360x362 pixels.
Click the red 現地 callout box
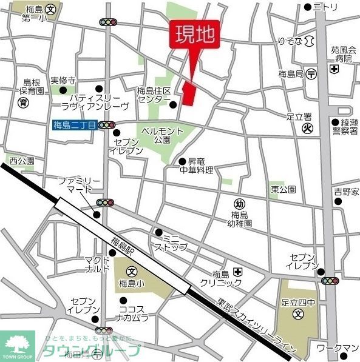(x=195, y=35)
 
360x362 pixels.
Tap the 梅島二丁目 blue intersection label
(x=75, y=126)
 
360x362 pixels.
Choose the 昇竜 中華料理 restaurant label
(x=200, y=166)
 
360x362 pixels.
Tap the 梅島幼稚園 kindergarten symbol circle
(x=239, y=204)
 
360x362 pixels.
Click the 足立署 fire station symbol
(x=308, y=127)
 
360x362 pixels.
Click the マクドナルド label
(x=97, y=264)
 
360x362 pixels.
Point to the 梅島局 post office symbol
(x=311, y=74)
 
